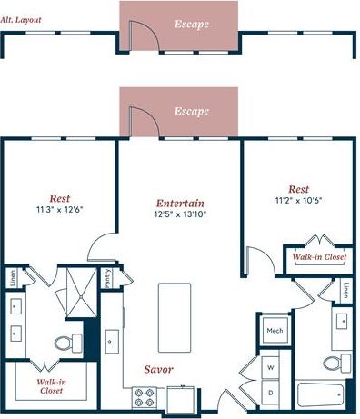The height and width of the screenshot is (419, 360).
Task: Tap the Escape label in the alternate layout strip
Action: [x=192, y=25]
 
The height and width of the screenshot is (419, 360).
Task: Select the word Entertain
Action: [x=180, y=203]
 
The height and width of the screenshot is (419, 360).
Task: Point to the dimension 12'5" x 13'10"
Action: [x=180, y=214]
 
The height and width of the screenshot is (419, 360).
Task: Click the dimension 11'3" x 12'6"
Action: [x=59, y=209]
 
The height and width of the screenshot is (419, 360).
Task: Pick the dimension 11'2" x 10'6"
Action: [x=299, y=200]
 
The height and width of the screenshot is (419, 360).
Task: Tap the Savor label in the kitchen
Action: [x=158, y=369]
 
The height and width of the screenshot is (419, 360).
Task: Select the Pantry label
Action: [x=106, y=278]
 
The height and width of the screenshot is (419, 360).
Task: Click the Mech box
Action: [x=274, y=332]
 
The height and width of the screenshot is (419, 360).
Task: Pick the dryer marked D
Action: [x=271, y=392]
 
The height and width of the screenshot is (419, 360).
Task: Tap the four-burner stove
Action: [x=144, y=397]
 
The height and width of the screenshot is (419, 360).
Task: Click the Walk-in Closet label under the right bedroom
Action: [x=319, y=257]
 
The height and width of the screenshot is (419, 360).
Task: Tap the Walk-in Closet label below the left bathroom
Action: [x=50, y=387]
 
